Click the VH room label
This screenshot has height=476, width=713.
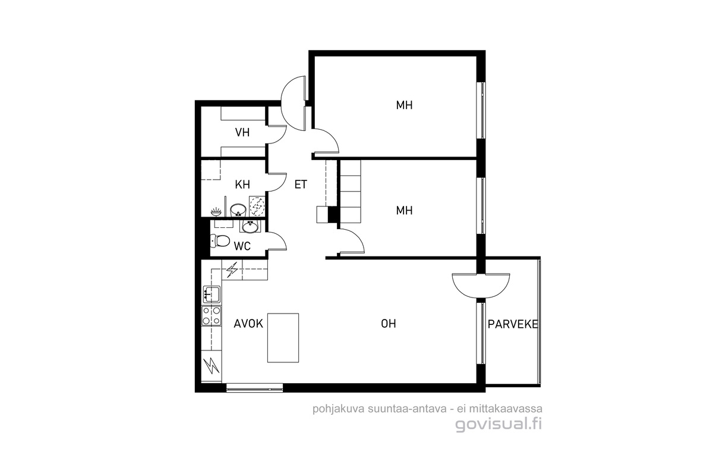click(242, 132)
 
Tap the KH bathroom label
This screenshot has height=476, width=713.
click(242, 184)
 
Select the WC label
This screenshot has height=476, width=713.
click(242, 246)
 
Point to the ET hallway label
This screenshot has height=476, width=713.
click(301, 184)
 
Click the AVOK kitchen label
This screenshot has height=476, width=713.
click(248, 324)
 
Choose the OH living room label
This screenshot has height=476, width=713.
click(389, 324)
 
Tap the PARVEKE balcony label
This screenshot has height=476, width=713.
click(513, 324)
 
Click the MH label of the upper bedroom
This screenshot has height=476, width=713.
click(404, 105)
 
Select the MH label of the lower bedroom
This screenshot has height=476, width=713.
click(404, 210)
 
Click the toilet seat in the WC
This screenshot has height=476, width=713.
click(220, 241)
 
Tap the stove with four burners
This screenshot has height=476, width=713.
click(212, 315)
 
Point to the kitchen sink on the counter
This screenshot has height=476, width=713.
click(212, 295)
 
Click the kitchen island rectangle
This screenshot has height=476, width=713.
click(283, 337)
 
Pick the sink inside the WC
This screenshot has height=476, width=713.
click(251, 227)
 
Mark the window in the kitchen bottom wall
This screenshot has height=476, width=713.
click(254, 388)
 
